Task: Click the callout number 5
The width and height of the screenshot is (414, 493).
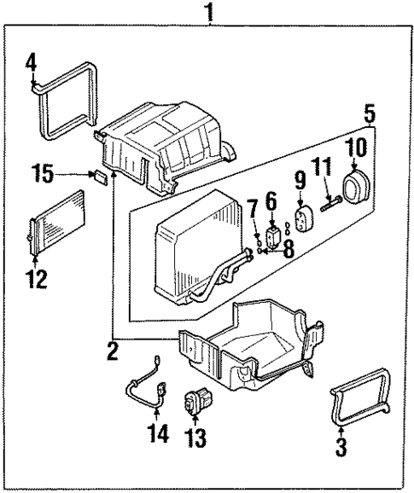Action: pyautogui.click(x=370, y=113)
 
